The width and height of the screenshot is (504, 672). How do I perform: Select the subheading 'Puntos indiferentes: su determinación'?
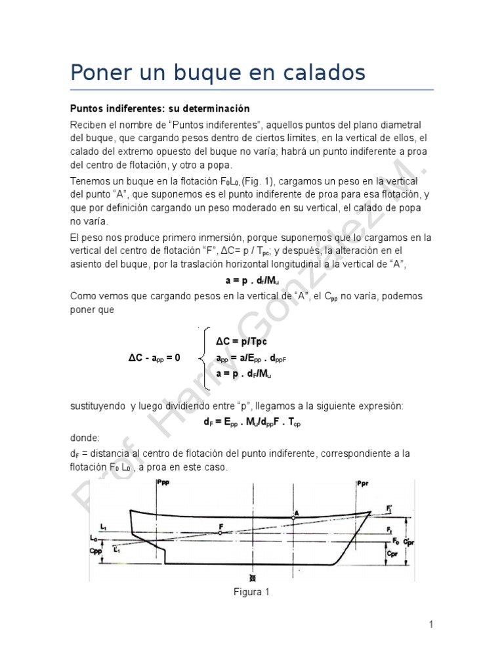coord(160,108)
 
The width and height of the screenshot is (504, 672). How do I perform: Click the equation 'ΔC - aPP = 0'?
coord(154,358)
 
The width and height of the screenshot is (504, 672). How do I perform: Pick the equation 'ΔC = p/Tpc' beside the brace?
coord(241,342)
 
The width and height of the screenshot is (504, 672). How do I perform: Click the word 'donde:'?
coord(86,437)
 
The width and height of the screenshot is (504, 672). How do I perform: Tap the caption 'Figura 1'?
coord(252,592)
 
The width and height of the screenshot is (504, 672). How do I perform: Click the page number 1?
coord(431,625)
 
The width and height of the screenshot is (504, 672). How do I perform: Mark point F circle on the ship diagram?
coord(220,534)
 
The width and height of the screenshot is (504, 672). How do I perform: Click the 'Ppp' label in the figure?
coord(165,484)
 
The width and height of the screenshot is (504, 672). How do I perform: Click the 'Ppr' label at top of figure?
coord(364,484)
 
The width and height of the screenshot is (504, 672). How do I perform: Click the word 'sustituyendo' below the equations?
coord(97,407)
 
